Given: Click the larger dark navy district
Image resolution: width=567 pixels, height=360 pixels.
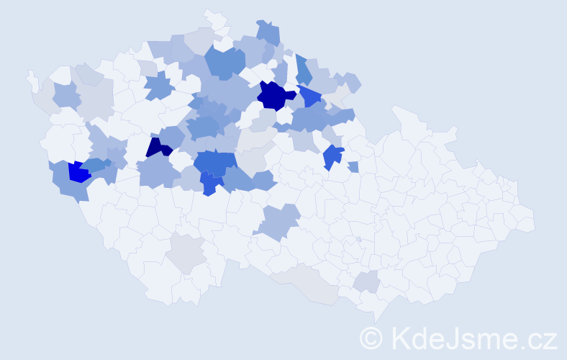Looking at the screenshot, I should tap(274, 95).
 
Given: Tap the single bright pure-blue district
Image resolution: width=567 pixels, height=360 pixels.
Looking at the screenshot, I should tap(78, 171).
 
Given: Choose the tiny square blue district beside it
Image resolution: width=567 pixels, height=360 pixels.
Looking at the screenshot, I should tap(353, 167).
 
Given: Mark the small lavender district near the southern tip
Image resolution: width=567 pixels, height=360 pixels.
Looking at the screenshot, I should tap(367, 282).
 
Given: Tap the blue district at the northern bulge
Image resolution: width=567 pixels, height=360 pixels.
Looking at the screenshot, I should tap(268, 33).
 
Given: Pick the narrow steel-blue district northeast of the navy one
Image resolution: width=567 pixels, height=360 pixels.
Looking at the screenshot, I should tap(303, 71).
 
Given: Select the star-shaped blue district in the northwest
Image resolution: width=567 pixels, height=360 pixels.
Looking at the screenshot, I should tap(158, 89).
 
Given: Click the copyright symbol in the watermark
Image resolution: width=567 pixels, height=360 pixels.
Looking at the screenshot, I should tap(371, 337).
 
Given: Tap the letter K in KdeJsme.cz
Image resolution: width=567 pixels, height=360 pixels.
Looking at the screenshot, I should tap(400, 337).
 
